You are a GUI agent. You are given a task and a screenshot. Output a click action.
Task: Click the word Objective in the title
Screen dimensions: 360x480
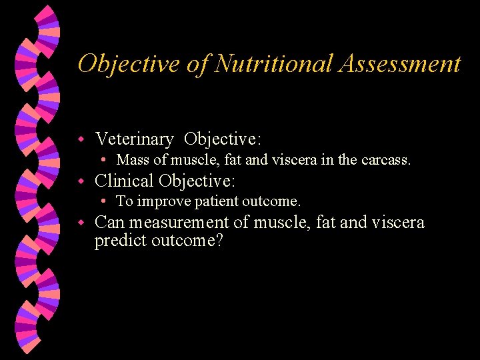124,64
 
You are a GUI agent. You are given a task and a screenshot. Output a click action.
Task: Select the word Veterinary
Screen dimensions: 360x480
134,139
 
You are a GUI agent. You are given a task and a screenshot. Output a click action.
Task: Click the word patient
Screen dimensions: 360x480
216,201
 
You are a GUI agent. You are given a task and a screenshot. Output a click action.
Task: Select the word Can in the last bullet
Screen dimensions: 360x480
109,222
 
